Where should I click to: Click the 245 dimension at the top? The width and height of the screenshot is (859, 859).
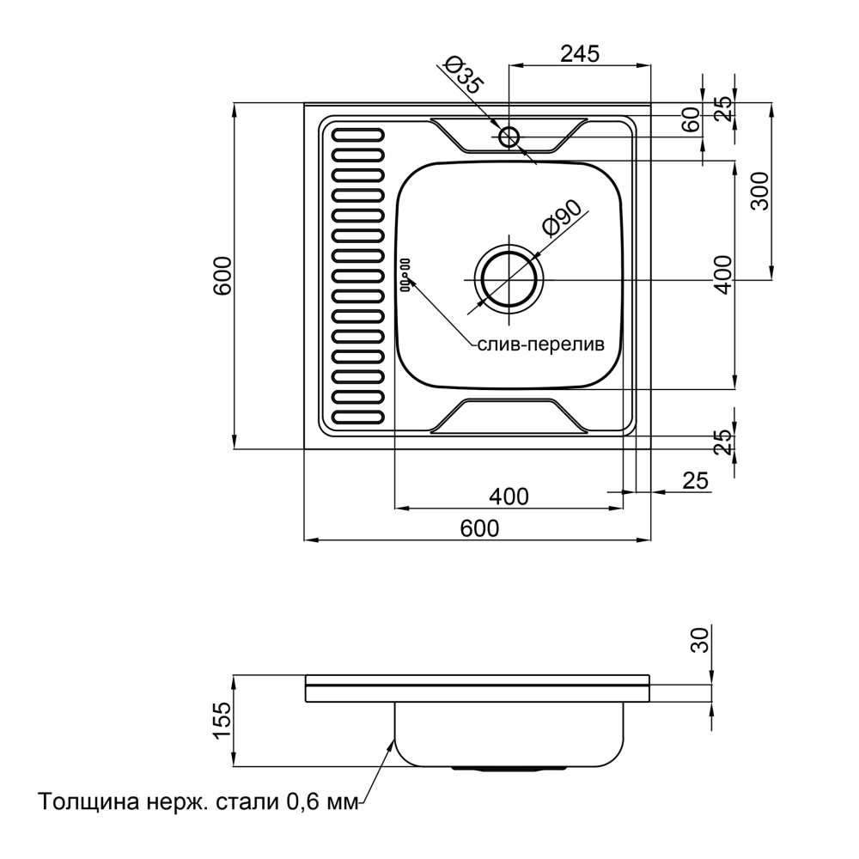pyautogui.click(x=580, y=53)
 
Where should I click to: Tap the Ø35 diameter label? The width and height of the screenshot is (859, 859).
pyautogui.click(x=463, y=76)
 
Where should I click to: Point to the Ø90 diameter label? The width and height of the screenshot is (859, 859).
pyautogui.click(x=561, y=218)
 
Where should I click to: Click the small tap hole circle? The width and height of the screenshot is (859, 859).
pyautogui.click(x=509, y=137)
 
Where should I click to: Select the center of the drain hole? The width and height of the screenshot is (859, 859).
pyautogui.click(x=509, y=280)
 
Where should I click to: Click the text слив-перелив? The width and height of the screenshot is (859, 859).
pyautogui.click(x=540, y=344)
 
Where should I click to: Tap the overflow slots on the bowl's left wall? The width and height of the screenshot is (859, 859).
pyautogui.click(x=406, y=275)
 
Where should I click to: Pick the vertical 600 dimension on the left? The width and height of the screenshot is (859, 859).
pyautogui.click(x=222, y=276)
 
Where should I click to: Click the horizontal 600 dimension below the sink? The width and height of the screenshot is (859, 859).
pyautogui.click(x=479, y=528)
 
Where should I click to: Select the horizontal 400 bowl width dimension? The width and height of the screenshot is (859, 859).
pyautogui.click(x=509, y=497)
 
